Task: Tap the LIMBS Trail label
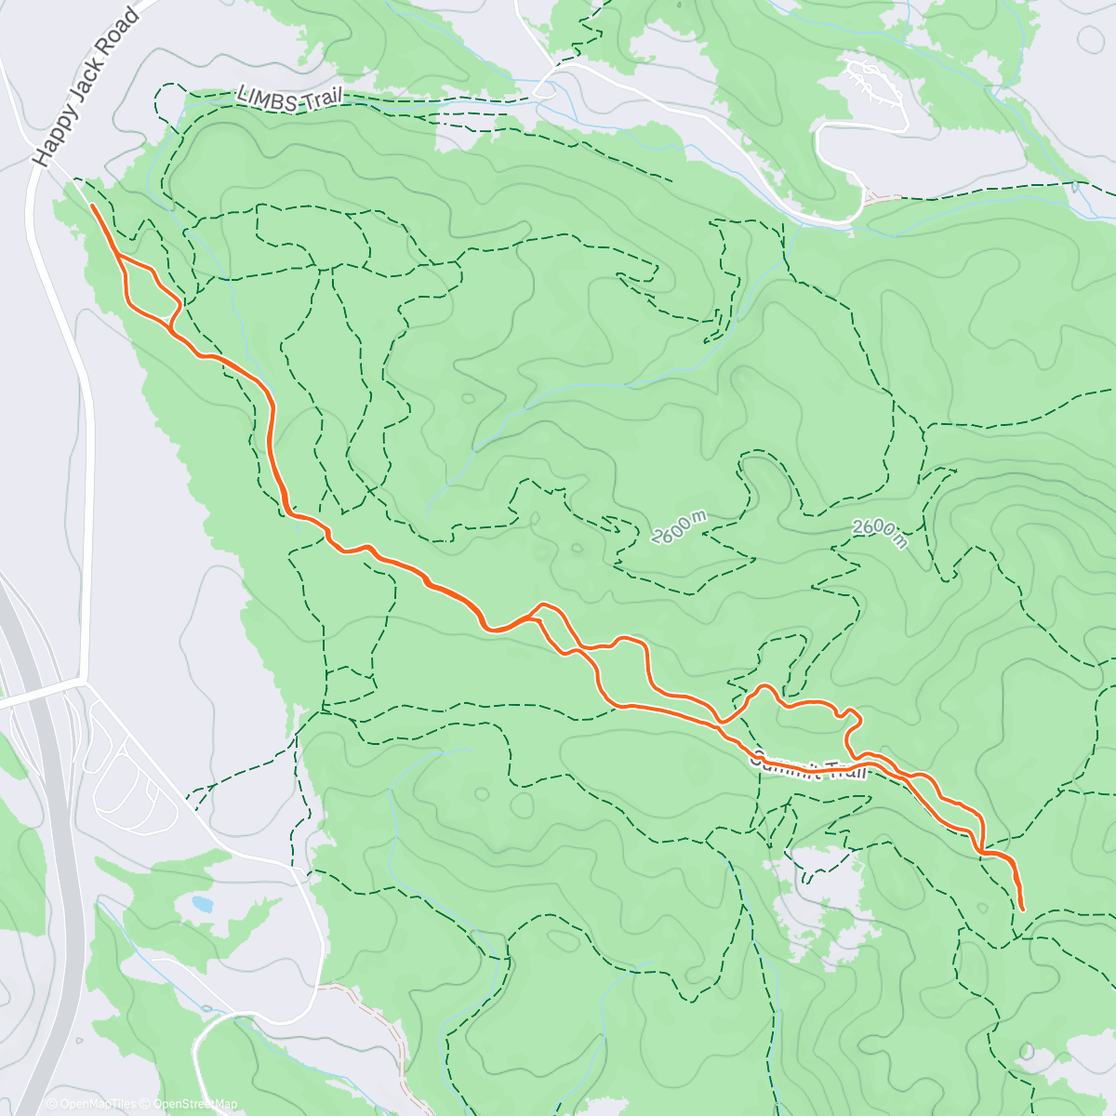[290, 99]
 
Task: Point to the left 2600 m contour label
[679, 527]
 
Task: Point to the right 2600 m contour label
[880, 533]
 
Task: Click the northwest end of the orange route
[92, 206]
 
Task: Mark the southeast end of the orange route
[1022, 908]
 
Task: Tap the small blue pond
[200, 902]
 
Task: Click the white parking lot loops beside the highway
[130, 772]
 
